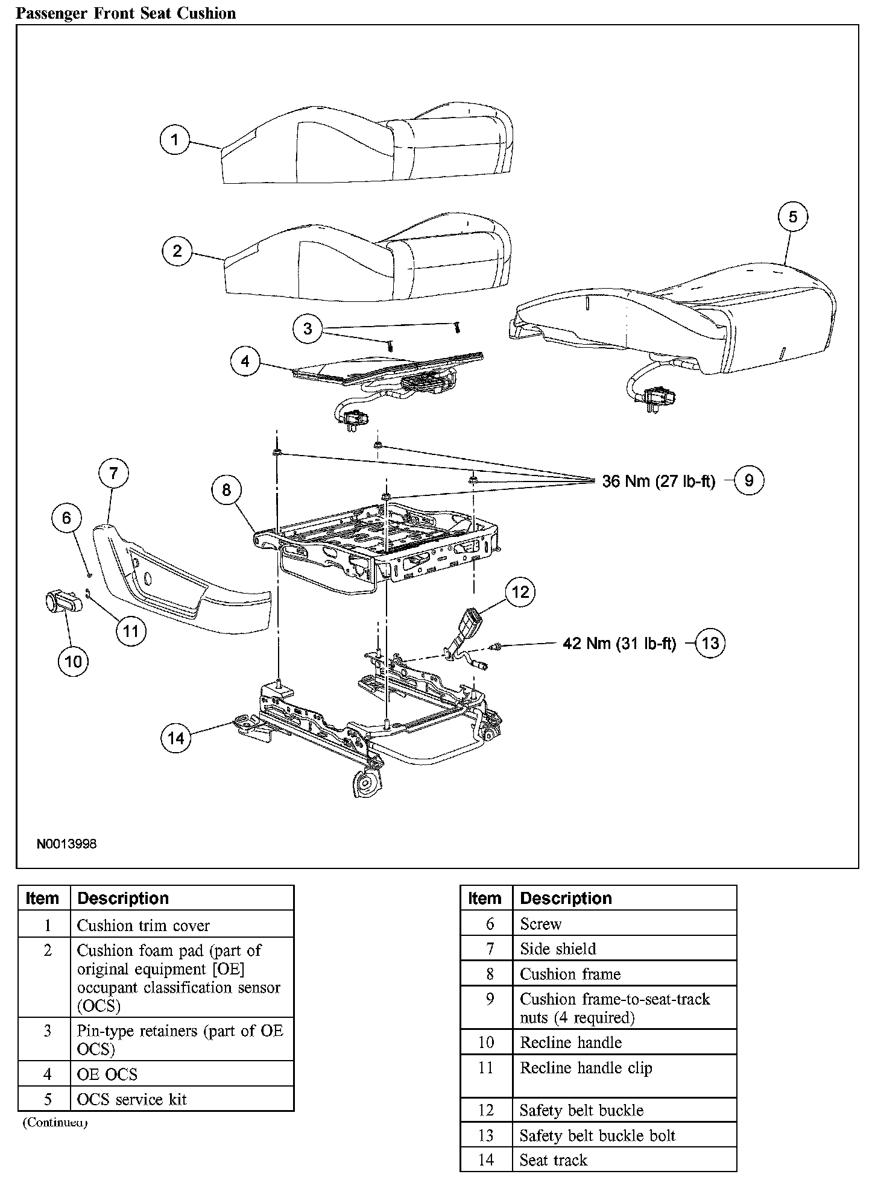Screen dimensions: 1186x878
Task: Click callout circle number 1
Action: pos(175,140)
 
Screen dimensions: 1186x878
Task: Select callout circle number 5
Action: pos(793,217)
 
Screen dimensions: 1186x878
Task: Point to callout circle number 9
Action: pos(749,480)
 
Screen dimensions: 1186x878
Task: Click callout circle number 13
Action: pos(710,643)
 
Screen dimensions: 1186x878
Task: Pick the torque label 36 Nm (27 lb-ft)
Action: pos(658,481)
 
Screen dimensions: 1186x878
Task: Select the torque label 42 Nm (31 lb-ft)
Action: pos(619,644)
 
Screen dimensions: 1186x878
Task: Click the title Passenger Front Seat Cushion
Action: pos(126,13)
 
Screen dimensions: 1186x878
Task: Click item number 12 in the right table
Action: pos(486,1110)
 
